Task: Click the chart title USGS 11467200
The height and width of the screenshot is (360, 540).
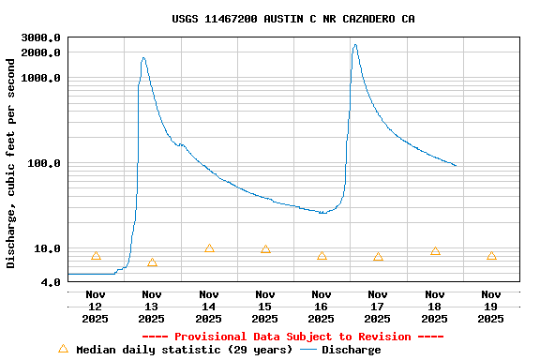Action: click(293, 19)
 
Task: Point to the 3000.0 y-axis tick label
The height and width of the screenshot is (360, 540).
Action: click(40, 37)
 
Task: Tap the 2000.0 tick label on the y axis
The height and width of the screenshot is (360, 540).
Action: click(40, 52)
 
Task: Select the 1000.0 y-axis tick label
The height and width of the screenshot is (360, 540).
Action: click(40, 78)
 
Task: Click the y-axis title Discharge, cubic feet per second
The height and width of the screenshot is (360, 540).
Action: click(11, 163)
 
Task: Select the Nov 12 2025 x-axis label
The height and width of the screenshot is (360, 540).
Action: click(96, 307)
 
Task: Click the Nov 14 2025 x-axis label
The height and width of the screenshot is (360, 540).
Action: click(208, 307)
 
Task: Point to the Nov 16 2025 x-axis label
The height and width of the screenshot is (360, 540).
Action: click(322, 307)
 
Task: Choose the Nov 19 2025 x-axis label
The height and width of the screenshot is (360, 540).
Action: click(491, 307)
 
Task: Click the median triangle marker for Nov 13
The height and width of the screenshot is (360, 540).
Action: click(152, 262)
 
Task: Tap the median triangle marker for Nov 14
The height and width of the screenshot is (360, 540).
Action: click(209, 248)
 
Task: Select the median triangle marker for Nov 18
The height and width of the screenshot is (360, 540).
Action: click(435, 251)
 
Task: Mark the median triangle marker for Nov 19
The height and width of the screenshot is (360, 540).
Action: click(491, 256)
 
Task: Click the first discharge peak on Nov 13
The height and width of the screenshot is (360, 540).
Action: click(143, 58)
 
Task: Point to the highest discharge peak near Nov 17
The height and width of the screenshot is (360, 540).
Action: click(354, 45)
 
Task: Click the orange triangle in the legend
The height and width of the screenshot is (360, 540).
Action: click(63, 349)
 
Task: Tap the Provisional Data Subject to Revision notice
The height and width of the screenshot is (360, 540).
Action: click(293, 337)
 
